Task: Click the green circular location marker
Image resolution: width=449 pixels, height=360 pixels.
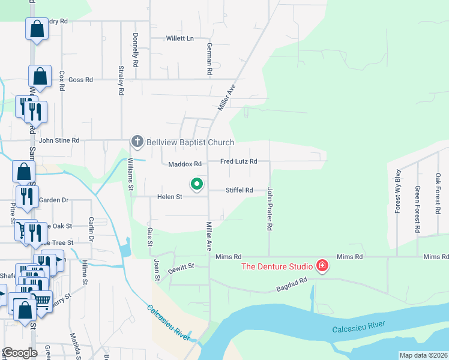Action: pyautogui.click(x=196, y=184)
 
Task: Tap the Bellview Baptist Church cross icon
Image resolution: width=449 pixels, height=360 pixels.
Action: pyautogui.click(x=137, y=142)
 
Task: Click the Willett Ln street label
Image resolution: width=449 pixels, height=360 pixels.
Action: pyautogui.click(x=180, y=38)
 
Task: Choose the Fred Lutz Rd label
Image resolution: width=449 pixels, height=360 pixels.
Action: pyautogui.click(x=238, y=161)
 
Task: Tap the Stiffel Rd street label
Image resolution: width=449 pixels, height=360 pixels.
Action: pyautogui.click(x=239, y=190)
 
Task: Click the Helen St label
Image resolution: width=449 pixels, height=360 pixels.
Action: pyautogui.click(x=169, y=197)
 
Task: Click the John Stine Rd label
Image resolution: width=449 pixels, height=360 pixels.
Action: pyautogui.click(x=59, y=140)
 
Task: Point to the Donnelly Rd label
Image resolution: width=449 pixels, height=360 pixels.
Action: pyautogui.click(x=136, y=50)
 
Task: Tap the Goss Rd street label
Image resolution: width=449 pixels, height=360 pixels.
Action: pyautogui.click(x=80, y=79)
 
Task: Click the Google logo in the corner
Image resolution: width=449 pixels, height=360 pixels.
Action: pyautogui.click(x=20, y=353)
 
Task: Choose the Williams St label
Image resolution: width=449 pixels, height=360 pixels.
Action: pyautogui.click(x=130, y=173)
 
